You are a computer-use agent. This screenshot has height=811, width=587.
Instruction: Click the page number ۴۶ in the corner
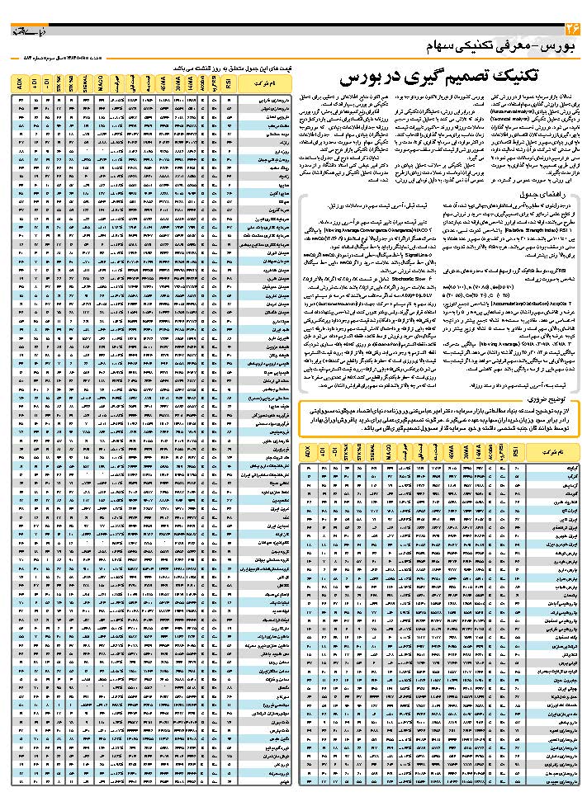point(571,31)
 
